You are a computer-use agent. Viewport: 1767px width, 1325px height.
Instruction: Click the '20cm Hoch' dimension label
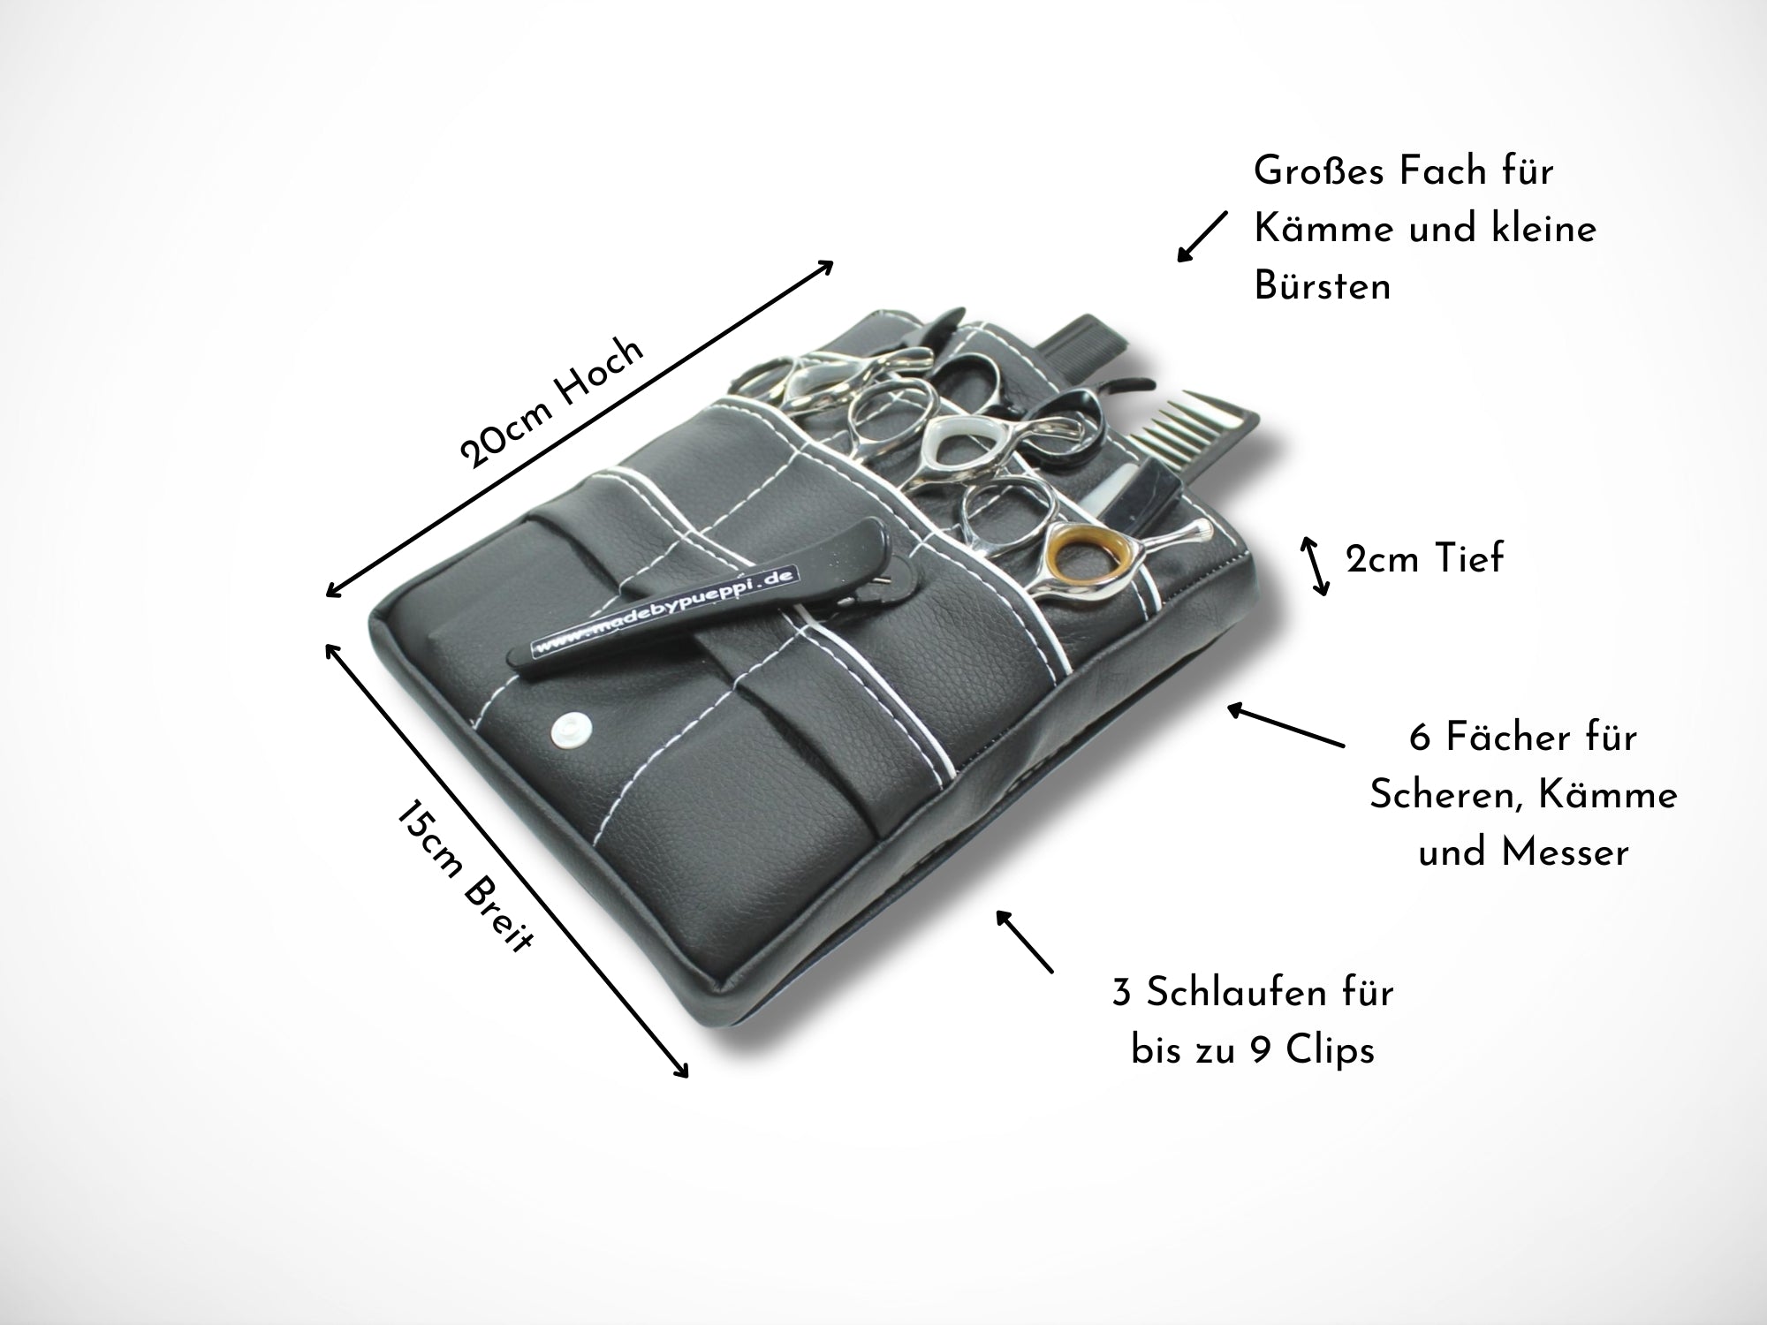(x=552, y=402)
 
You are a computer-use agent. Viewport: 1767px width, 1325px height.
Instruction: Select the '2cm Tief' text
(x=1424, y=558)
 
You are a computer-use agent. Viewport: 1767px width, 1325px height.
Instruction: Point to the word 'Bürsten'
(x=1323, y=286)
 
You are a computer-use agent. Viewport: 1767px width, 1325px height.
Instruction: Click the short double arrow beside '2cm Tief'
(x=1314, y=566)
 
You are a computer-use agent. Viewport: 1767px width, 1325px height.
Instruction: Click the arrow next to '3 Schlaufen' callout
(x=1025, y=942)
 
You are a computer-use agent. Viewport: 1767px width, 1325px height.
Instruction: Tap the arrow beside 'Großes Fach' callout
(x=1202, y=237)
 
